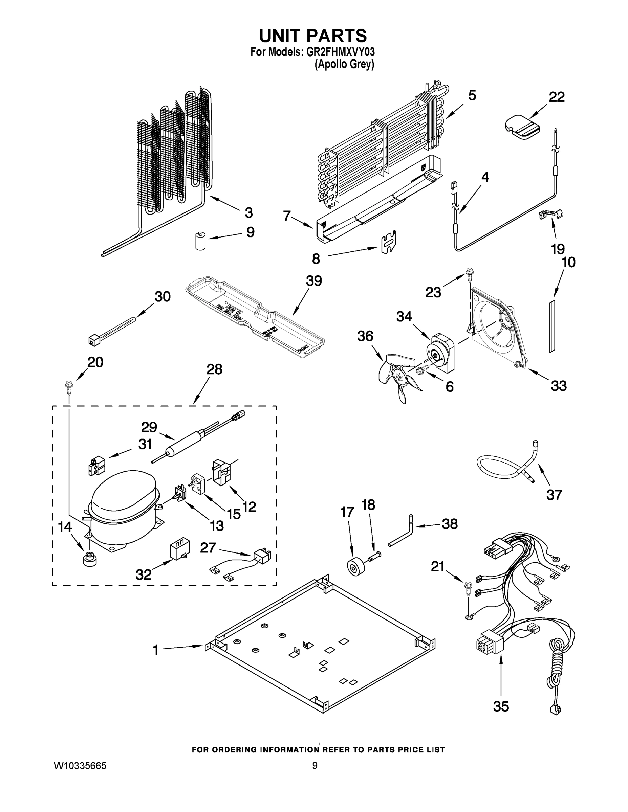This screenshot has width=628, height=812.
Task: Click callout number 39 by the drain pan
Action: point(313,281)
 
